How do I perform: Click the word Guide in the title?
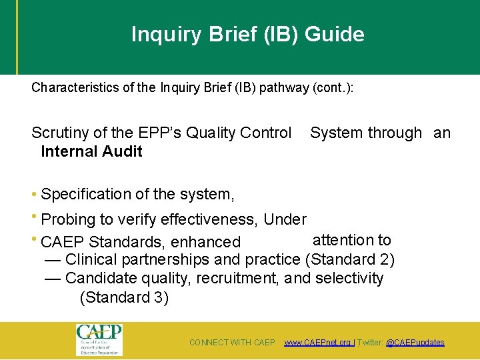[334, 34]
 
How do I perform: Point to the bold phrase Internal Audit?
[91, 151]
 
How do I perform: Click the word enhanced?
[206, 242]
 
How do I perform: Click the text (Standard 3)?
[124, 297]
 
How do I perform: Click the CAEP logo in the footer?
[99, 340]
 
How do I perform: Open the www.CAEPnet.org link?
[317, 343]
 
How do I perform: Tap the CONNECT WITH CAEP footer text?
[232, 343]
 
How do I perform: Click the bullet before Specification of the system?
[34, 195]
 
